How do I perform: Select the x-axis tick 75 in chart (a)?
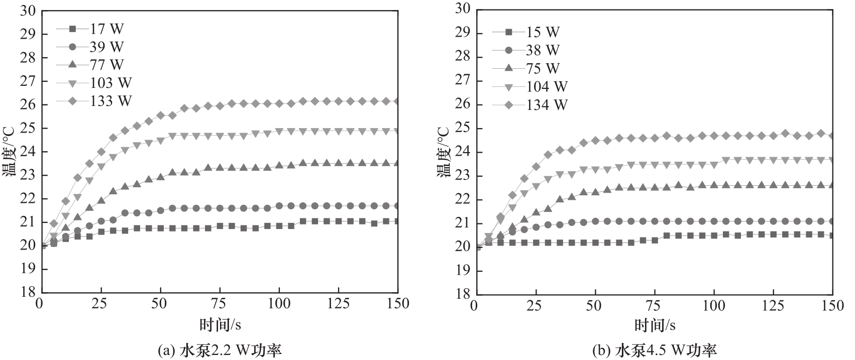pos(219,304)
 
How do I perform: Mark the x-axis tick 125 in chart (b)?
pos(773,305)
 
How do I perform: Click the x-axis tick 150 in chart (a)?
pos(397,304)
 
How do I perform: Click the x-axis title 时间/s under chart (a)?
pos(220,325)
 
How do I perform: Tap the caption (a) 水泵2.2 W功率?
pos(220,350)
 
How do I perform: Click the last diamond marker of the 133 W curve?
pos(397,101)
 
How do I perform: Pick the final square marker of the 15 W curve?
pos(832,235)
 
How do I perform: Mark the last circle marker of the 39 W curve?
pos(397,206)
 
